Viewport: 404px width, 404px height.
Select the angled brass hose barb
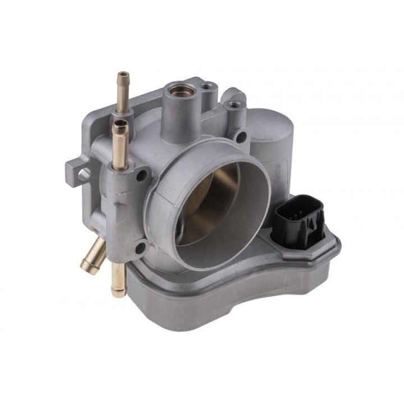point(94,255)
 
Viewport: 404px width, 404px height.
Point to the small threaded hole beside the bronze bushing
point(208,87)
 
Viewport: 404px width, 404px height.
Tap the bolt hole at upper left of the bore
point(141,176)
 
